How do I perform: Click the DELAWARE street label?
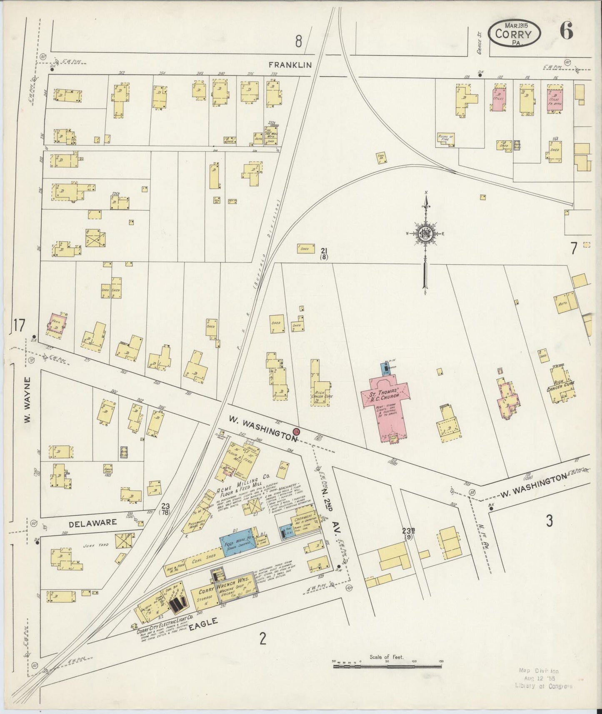point(93,522)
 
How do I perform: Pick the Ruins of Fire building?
point(445,139)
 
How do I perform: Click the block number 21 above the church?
point(324,250)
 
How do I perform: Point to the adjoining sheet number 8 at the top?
point(298,41)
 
